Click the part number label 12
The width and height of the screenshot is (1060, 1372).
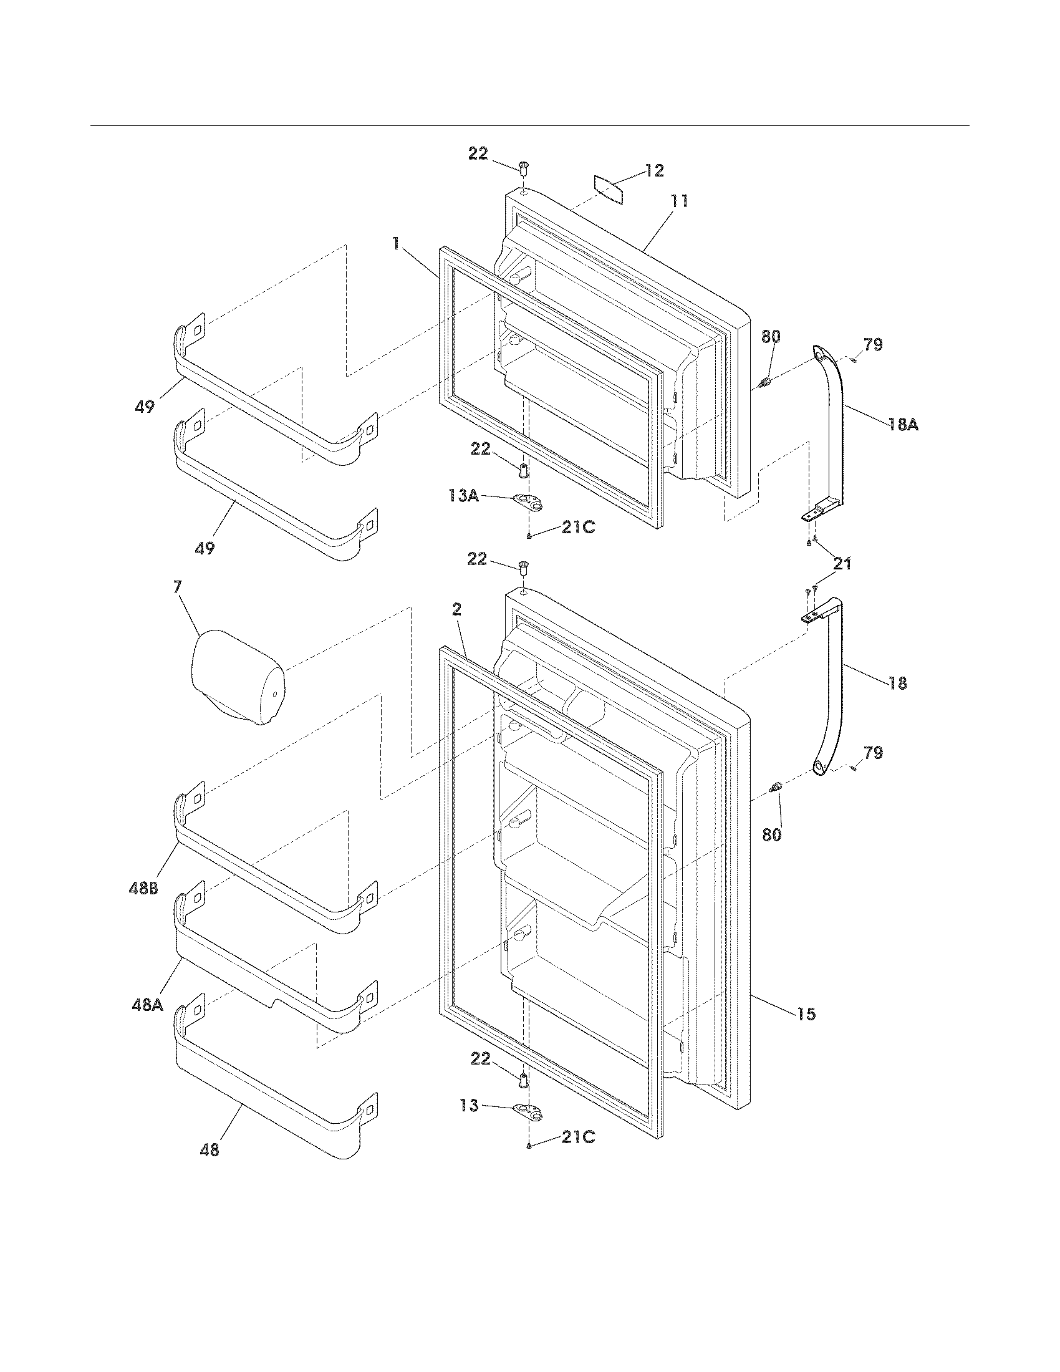[x=655, y=171]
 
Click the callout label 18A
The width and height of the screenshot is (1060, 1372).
[x=903, y=425]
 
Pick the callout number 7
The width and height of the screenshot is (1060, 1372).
[x=178, y=587]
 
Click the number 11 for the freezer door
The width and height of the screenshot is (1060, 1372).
[x=679, y=201]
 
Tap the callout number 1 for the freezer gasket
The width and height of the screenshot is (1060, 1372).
[x=395, y=243]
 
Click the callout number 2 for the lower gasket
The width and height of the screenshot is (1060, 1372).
[x=456, y=609]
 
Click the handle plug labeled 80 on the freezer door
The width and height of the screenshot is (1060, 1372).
[x=766, y=381]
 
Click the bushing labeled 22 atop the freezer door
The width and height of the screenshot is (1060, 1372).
[x=524, y=168]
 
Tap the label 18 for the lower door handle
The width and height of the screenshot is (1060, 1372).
[x=898, y=683]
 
